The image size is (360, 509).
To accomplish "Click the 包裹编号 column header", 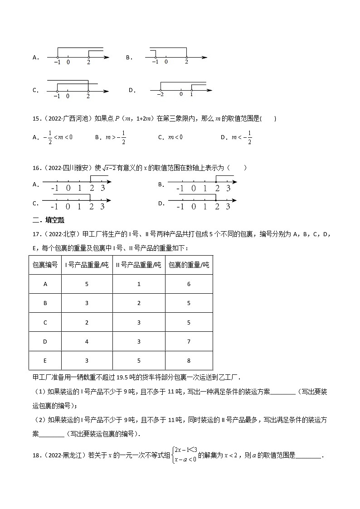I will pos(45,265).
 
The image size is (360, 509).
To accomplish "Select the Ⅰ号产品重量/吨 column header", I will pos(87,265).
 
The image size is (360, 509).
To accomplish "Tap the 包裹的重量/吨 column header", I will pos(189,265).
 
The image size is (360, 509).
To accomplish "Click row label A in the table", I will pos(45,284).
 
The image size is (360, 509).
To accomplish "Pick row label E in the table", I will pos(45,360).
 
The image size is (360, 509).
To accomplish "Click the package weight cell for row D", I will pos(189,341).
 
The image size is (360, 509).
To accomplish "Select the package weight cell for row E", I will pos(189,360).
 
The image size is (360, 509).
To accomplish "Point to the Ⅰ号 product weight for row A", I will pos(87,284).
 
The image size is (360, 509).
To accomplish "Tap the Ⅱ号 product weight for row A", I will pos(139,284).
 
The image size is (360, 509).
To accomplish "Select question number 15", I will pos(36,119).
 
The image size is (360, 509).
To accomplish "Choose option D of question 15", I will pos(236,137).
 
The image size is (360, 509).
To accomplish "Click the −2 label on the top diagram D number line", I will pos(160,95).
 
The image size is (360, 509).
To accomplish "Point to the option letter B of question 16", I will pos(161,184).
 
